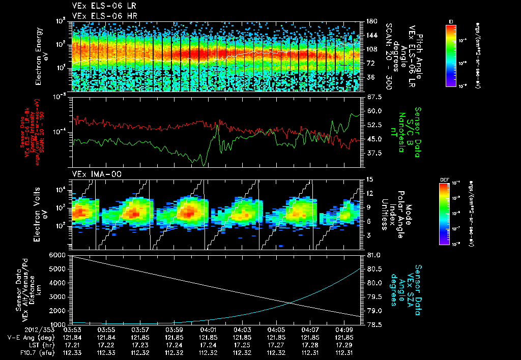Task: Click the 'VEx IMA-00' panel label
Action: [x=90, y=174]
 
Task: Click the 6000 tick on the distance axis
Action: [x=59, y=254]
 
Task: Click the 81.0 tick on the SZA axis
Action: [x=373, y=254]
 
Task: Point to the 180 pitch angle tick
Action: [x=371, y=21]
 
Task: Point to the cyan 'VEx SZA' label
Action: [x=410, y=285]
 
